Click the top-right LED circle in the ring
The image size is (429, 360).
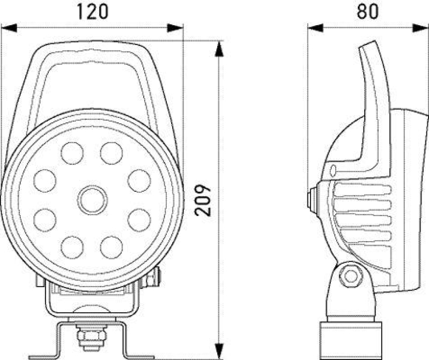(x=111, y=154)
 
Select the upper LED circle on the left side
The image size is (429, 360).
(x=46, y=180)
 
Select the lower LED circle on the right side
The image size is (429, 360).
(x=138, y=219)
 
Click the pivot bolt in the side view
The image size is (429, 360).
(x=351, y=276)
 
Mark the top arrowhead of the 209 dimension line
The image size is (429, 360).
(x=219, y=48)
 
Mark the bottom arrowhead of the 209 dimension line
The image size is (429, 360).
(x=219, y=351)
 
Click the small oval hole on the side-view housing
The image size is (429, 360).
(x=334, y=171)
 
